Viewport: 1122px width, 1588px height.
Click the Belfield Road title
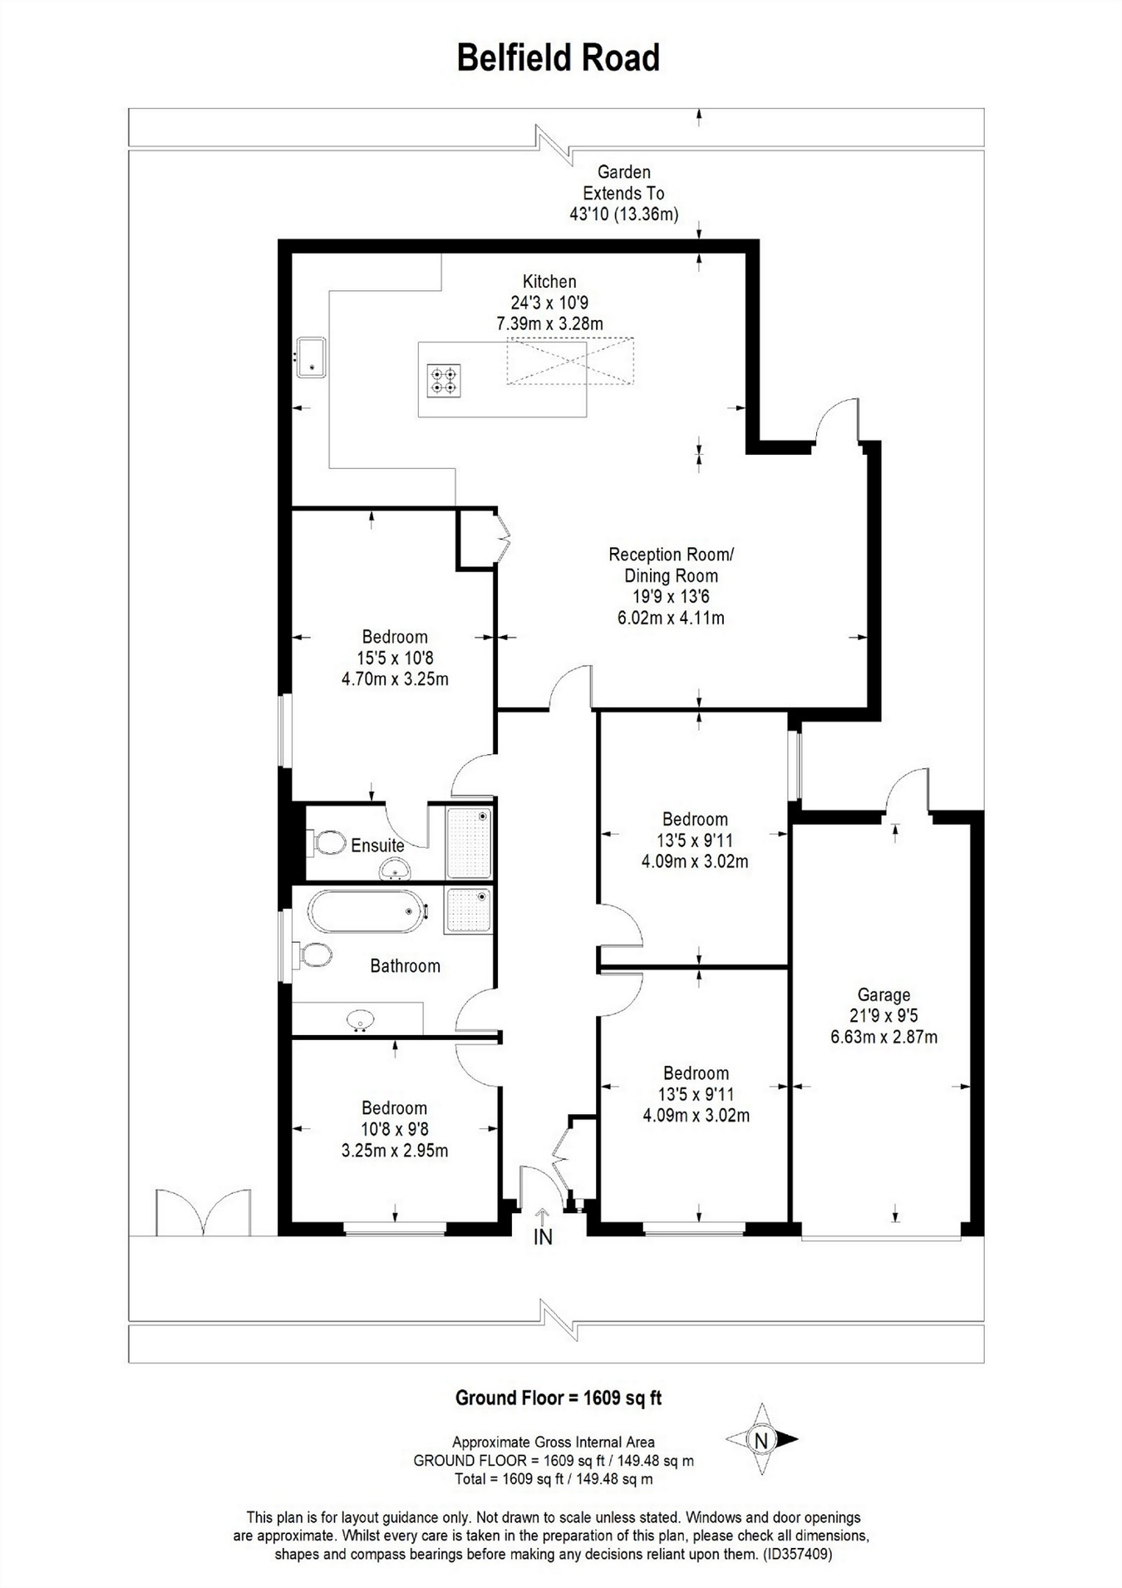point(559,58)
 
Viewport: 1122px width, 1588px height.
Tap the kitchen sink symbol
point(312,358)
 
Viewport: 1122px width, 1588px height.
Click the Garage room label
point(883,994)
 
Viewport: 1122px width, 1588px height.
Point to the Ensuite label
point(377,846)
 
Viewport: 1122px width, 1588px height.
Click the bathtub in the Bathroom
point(367,911)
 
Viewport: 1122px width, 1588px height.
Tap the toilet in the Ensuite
point(328,843)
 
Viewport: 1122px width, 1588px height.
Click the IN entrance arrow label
point(542,1237)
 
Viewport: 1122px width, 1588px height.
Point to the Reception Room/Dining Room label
point(671,565)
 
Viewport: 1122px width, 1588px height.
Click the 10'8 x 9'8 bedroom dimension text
point(394,1130)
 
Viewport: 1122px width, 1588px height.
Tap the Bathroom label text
point(405,966)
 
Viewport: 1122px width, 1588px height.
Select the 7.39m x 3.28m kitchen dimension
point(549,324)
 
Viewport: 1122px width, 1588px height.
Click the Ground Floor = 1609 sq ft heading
point(559,1398)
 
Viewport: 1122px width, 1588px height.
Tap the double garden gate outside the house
point(204,1213)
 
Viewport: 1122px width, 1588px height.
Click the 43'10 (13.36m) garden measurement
point(623,215)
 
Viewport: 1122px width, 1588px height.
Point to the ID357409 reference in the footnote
point(797,1553)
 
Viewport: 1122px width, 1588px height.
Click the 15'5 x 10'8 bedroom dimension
point(395,658)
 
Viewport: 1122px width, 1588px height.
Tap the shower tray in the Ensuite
point(470,842)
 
